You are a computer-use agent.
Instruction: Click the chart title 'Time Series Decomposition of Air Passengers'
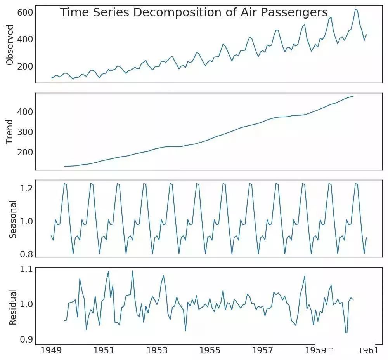click(x=194, y=12)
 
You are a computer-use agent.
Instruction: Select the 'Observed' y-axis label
click(x=10, y=45)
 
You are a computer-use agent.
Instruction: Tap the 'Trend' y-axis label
click(x=10, y=132)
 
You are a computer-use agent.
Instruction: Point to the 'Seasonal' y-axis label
click(x=12, y=219)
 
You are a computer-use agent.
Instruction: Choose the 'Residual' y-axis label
click(x=12, y=307)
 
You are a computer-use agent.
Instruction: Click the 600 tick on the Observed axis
click(x=24, y=13)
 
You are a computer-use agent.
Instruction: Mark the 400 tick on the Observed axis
click(x=24, y=39)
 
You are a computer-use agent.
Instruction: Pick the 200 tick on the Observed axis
click(x=24, y=66)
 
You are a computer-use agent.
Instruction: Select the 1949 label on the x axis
click(x=51, y=351)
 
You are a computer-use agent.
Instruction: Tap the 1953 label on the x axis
click(x=157, y=351)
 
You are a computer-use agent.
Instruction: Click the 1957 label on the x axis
click(x=263, y=351)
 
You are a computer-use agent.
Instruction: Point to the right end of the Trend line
click(x=353, y=96)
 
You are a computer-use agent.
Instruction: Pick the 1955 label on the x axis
click(x=210, y=351)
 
